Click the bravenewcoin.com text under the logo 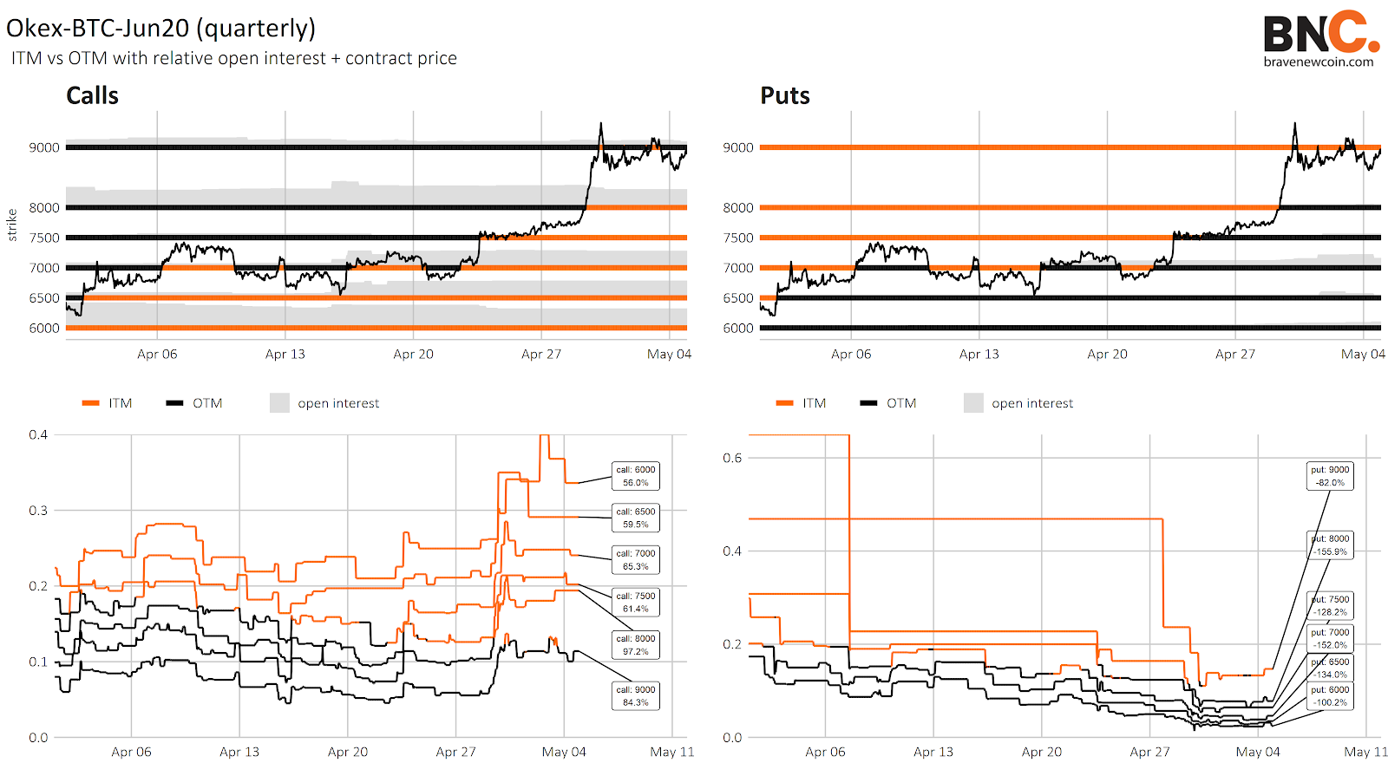(1318, 62)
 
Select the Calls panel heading (92, 95)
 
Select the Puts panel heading (784, 95)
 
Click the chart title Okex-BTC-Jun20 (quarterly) (161, 28)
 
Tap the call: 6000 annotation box (636, 476)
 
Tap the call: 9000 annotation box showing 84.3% (636, 696)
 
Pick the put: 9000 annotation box (1330, 476)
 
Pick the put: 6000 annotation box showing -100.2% (1330, 696)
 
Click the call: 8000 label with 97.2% (636, 645)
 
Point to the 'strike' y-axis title (12, 225)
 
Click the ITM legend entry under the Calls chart (108, 403)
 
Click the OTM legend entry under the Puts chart (888, 403)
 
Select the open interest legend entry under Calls (325, 403)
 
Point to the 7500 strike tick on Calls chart (44, 238)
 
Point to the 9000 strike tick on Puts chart (738, 147)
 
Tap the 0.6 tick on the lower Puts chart (732, 458)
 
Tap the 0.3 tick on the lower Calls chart (38, 510)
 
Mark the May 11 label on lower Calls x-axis (672, 752)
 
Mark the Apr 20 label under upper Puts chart (1107, 354)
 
